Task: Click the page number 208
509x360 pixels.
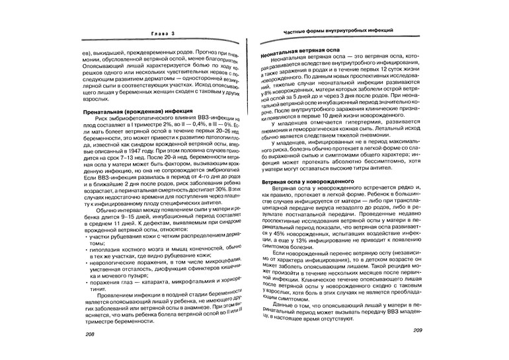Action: [90, 335]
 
